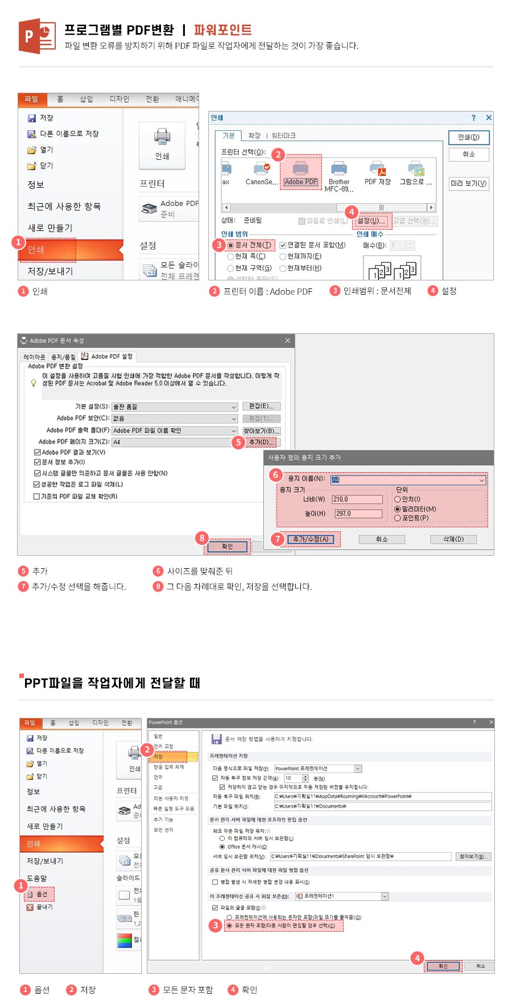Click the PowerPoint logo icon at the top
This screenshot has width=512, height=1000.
[x=37, y=36]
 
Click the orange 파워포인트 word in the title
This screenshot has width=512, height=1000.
[x=222, y=30]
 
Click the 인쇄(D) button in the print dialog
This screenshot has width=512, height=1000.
[x=468, y=137]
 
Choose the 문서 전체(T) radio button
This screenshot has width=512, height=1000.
[x=230, y=245]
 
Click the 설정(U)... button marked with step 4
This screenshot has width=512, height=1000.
[x=371, y=221]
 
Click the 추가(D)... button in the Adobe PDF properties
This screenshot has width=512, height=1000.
[x=262, y=442]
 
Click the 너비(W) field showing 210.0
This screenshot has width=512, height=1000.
[x=357, y=499]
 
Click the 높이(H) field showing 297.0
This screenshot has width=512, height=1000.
[x=358, y=514]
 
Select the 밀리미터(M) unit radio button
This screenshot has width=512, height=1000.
[x=398, y=509]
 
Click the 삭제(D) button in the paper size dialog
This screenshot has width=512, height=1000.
[x=453, y=539]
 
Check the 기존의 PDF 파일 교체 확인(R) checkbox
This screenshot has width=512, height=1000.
[x=36, y=497]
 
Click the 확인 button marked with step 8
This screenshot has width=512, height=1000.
[x=227, y=547]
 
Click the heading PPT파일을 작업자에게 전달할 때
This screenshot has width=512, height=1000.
[x=112, y=683]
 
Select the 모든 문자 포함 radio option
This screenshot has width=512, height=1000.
[x=229, y=925]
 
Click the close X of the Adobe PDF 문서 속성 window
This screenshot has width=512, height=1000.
[x=287, y=341]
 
